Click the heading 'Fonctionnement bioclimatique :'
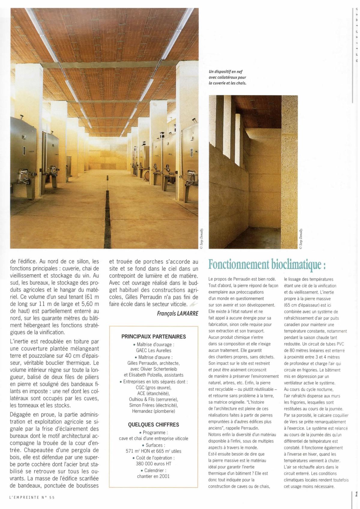[x=267, y=264]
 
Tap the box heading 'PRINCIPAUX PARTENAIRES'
[x=153, y=336]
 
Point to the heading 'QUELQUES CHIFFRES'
[x=153, y=425]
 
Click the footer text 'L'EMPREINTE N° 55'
[x=32, y=497]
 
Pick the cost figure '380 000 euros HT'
[x=153, y=463]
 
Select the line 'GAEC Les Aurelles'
[x=153, y=350]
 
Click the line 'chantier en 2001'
[x=153, y=476]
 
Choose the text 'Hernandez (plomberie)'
[x=153, y=411]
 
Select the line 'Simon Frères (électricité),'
[x=153, y=405]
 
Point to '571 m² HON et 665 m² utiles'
[x=153, y=451]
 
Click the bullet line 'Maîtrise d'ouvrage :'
[x=153, y=344]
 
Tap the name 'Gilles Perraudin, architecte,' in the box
[x=153, y=363]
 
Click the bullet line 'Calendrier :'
[x=153, y=470]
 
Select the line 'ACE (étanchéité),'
[x=153, y=393]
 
